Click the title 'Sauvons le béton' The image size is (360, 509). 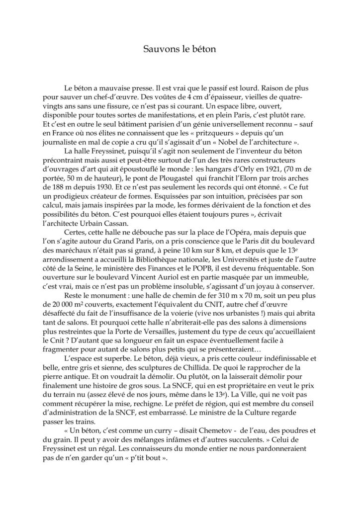coord(180,49)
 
